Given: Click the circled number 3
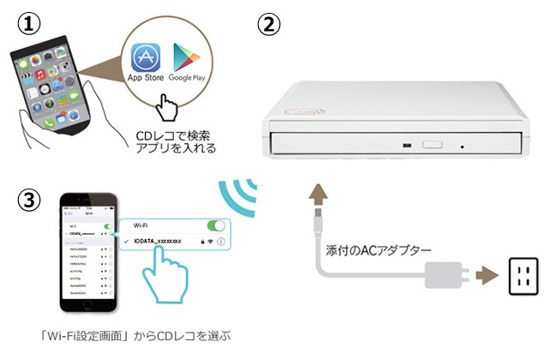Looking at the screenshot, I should (x=29, y=200).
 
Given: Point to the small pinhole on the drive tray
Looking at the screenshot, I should (x=463, y=146).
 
